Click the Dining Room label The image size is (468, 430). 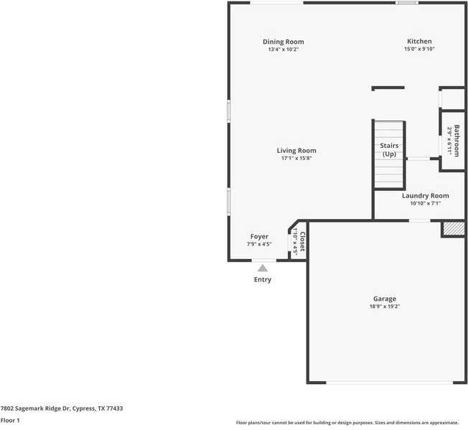(283, 42)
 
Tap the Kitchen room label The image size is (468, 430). (419, 42)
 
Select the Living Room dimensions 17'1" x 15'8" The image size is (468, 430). (296, 159)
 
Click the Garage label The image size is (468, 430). (384, 299)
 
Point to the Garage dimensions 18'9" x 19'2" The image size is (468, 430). (384, 307)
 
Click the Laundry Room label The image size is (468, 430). (425, 195)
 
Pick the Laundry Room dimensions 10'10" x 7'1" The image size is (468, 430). (425, 203)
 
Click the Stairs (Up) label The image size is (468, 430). (389, 150)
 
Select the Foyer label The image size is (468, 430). (259, 236)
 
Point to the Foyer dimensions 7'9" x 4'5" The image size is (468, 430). (259, 244)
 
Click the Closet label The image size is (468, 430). (302, 243)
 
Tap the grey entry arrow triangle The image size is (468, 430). (263, 268)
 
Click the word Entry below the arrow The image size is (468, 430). (263, 279)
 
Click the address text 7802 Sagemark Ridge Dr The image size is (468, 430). (62, 408)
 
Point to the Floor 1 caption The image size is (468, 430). (10, 420)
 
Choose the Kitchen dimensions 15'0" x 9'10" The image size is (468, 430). (419, 50)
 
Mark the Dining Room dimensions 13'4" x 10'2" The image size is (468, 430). (283, 50)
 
